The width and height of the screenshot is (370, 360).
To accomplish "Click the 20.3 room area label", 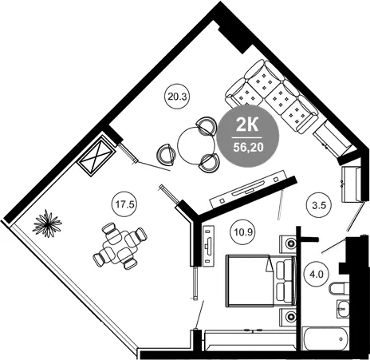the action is coord(178,97).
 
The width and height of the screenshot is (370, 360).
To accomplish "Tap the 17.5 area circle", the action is coord(125,205).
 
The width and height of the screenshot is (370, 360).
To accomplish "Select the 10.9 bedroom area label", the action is coord(242,232).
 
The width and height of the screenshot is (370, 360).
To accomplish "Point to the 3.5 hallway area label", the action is coord(319,205).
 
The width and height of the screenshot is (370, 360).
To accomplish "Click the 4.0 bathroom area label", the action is coord(317,274).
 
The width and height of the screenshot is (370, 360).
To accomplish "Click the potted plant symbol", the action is coord(47,224).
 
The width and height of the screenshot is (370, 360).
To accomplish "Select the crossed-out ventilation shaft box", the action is coord(96,156).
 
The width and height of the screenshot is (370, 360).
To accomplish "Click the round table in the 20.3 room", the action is coord(196,146).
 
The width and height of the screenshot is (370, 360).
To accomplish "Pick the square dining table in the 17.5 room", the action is coord(120,247).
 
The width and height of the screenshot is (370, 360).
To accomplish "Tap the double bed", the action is coord(261,280).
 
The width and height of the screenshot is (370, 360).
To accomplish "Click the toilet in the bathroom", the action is coord(338,288).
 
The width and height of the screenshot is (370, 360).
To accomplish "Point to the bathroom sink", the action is coord(343,309).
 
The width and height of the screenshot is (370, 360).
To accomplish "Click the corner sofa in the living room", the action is coord(272,97).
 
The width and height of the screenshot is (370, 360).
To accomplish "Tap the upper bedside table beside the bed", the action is coord(288,243).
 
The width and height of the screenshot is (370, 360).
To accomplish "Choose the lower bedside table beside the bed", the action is coord(288,317).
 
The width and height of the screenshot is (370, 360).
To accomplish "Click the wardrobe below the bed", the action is coord(250,339).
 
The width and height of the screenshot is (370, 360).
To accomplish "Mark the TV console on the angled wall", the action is coord(249,190).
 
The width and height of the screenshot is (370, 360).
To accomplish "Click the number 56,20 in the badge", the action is coord(248,147).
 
